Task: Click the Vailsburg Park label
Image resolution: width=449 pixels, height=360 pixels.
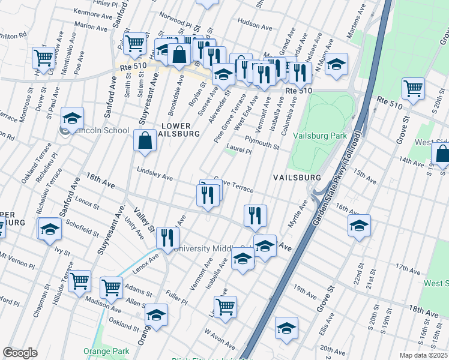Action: [320, 136]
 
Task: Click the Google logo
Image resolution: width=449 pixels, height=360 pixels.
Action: [20, 353]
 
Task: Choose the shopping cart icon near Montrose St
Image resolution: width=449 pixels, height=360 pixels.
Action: [44, 58]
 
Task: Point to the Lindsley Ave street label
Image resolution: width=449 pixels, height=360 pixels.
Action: [155, 174]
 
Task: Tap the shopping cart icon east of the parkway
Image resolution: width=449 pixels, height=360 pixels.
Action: [413, 88]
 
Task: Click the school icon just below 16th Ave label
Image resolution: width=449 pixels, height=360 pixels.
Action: [359, 226]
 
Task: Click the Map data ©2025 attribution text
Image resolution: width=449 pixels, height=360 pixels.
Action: [423, 355]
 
